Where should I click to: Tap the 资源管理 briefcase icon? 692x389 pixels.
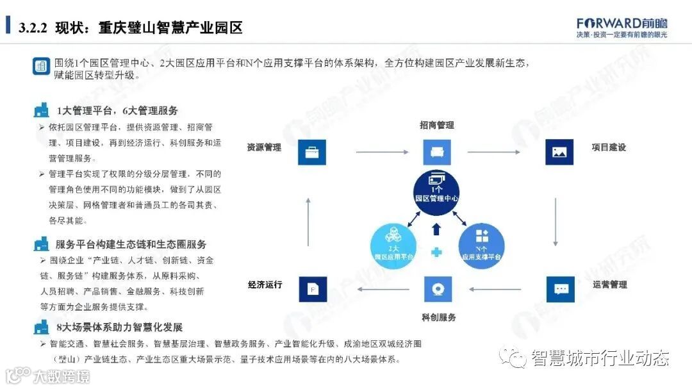coord(312,153)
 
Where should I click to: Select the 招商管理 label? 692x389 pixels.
coord(437,125)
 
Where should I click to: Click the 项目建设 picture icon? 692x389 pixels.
coord(559,153)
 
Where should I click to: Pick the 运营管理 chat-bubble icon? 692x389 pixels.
coord(561,289)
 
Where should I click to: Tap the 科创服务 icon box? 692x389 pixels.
coord(437,289)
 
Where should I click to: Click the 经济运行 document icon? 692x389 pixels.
coord(312,289)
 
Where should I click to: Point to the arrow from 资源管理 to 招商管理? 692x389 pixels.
coord(383,153)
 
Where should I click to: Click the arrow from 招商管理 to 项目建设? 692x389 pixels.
coord(494,153)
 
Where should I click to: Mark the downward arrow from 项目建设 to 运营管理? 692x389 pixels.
coord(556,222)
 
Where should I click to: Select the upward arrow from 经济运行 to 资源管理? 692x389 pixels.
coord(308,222)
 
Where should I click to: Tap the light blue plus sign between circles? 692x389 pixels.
coord(437,252)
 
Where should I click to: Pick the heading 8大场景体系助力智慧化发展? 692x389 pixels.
coord(119,327)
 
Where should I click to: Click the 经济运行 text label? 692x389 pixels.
coord(265,285)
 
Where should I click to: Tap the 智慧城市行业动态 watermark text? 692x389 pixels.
coord(600,358)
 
